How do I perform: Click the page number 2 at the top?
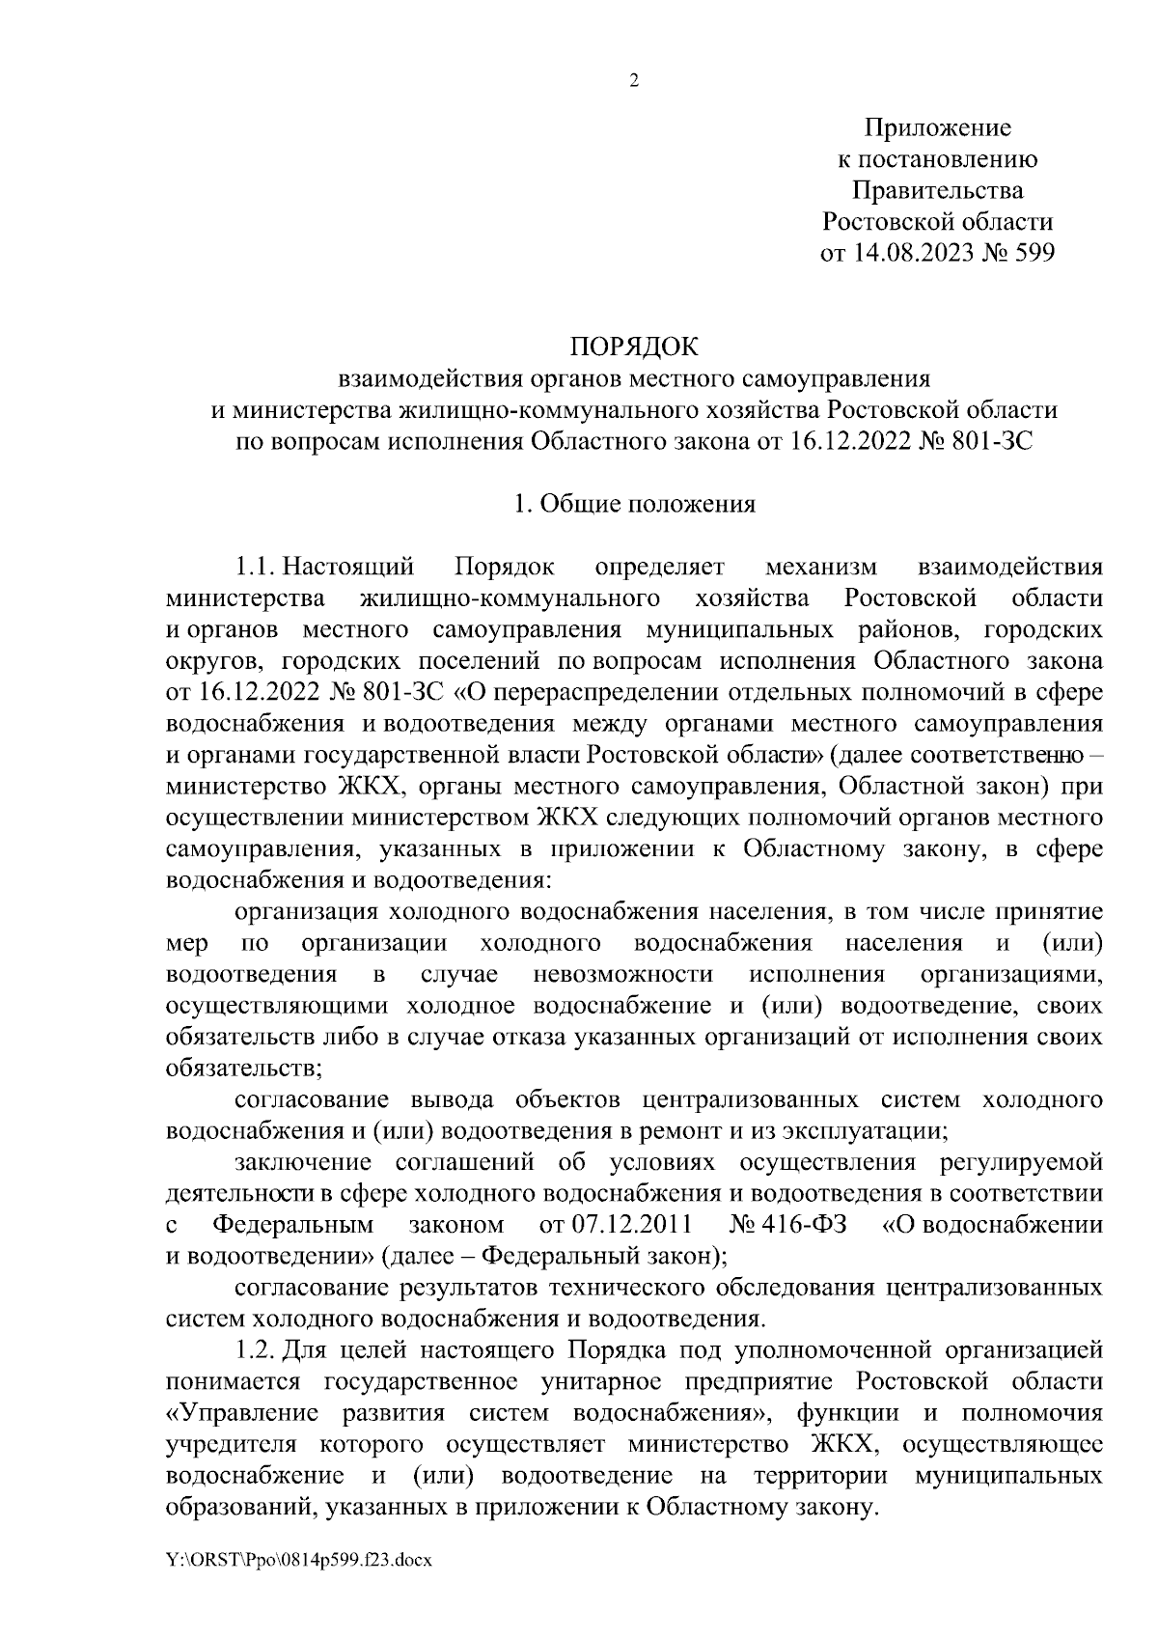(634, 81)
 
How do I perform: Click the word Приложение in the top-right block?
(937, 127)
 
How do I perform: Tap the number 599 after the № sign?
(1031, 254)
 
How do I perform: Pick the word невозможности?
(622, 973)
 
